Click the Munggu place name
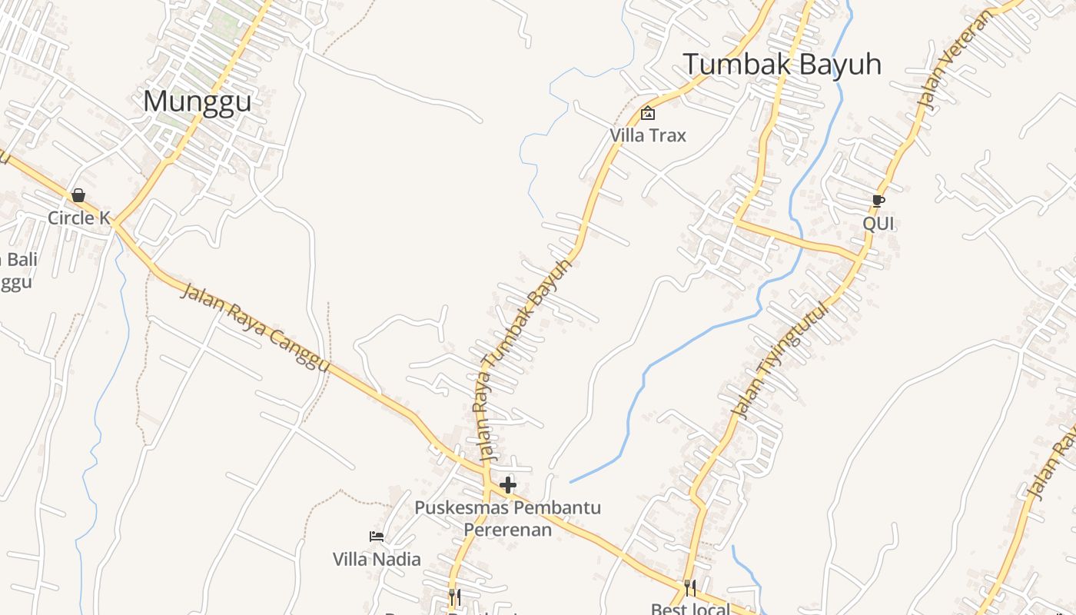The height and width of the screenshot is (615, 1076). (197, 101)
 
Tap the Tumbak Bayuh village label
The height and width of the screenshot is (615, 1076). (782, 64)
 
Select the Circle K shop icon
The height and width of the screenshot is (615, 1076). (78, 195)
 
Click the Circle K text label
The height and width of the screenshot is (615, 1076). (79, 218)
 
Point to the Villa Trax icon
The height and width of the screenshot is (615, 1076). (648, 113)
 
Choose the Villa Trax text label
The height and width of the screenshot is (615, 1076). (648, 135)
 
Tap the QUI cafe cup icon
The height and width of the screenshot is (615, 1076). (878, 201)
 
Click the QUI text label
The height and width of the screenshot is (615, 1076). (878, 223)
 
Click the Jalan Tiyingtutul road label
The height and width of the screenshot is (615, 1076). (781, 361)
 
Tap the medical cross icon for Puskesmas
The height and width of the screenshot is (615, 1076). (508, 485)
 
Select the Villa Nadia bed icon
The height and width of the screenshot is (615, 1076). (377, 537)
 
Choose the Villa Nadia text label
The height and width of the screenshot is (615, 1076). (377, 559)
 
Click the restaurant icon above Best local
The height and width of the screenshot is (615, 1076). (690, 588)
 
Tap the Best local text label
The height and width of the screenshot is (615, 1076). (690, 609)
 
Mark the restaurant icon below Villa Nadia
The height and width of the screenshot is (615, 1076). (455, 597)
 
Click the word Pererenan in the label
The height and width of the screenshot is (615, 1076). (507, 530)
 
